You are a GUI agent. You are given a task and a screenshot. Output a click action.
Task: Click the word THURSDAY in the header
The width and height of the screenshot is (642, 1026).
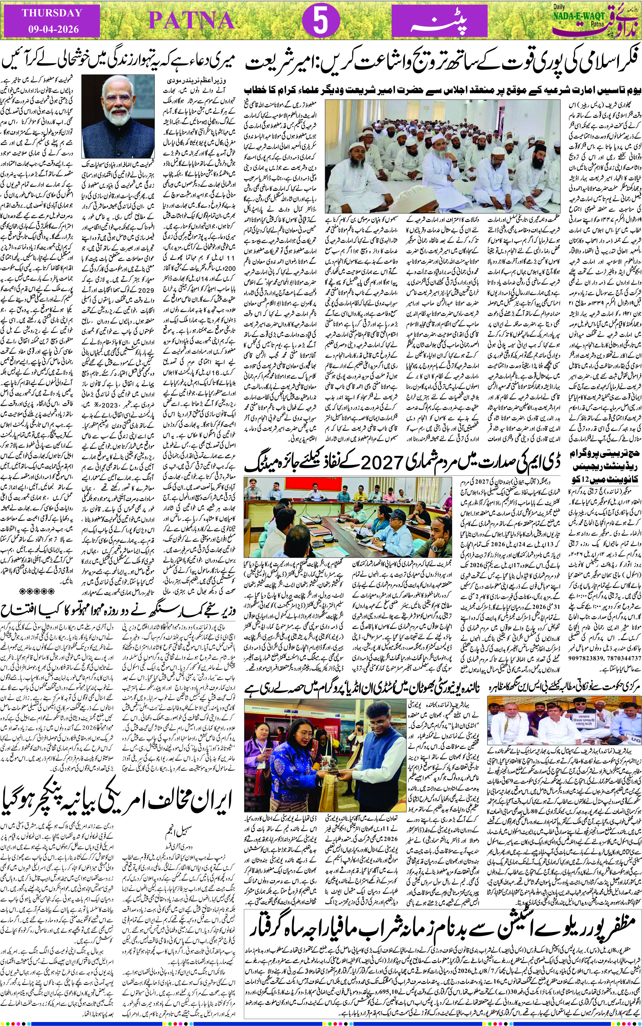point(52,13)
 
